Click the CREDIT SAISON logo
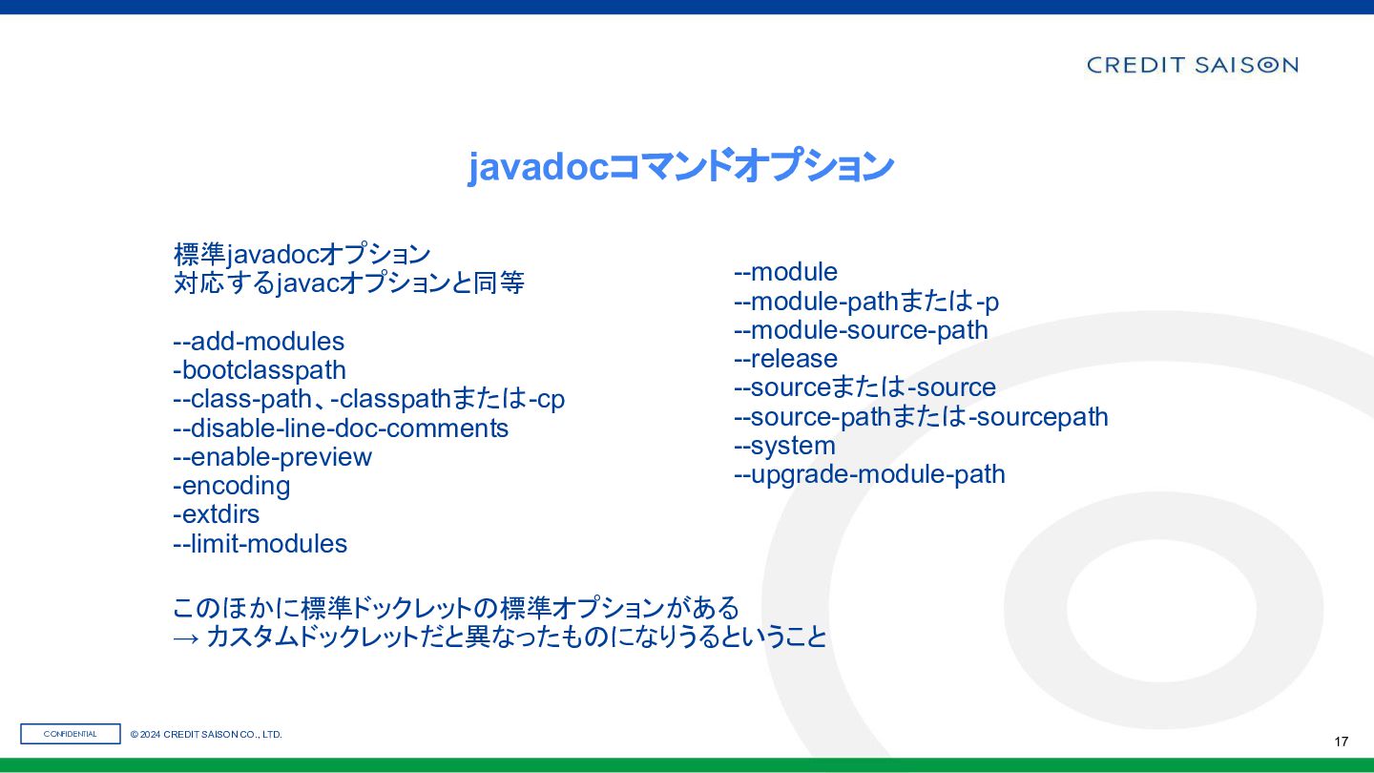point(1192,65)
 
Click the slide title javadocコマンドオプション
point(680,166)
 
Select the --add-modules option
point(259,341)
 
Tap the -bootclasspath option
point(260,370)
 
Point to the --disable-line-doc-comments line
point(341,428)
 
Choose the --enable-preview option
point(272,457)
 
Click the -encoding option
point(232,486)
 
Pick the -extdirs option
point(217,514)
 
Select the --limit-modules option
point(260,544)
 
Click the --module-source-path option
point(862,330)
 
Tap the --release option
point(786,359)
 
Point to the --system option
point(784,446)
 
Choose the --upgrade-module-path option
point(870,474)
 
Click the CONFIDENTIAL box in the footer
point(71,734)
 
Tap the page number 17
point(1341,742)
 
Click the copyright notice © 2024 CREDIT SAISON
point(206,735)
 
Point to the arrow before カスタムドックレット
point(185,638)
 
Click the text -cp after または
point(546,399)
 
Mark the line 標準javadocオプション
point(302,255)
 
